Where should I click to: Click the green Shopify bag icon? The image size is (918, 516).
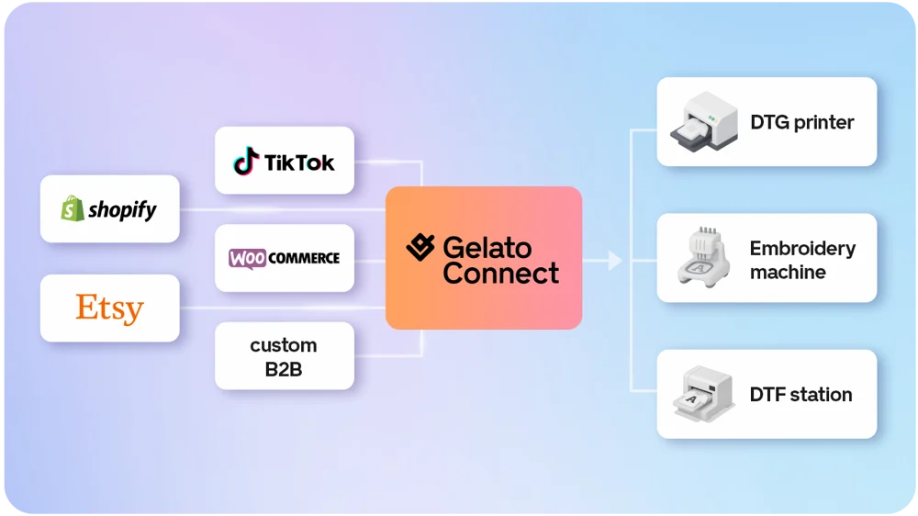pos(73,208)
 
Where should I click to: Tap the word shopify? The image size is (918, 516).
pos(122,209)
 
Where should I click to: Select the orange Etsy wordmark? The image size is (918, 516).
pos(109,308)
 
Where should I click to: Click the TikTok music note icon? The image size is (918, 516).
pos(246,161)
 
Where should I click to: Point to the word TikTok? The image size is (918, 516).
pos(299,163)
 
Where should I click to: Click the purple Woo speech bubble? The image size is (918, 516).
pos(247,258)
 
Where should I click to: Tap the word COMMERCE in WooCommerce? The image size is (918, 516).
pos(304,258)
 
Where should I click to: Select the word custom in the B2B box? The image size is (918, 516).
pos(284,345)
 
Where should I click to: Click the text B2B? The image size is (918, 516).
pos(284,370)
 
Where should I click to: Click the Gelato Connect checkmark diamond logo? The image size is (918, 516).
pos(420,247)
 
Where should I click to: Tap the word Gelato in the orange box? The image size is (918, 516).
pos(487,248)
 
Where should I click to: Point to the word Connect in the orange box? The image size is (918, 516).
pos(500,274)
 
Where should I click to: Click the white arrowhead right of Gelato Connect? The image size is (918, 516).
pos(615,261)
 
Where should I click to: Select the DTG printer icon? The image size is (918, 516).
pos(704,122)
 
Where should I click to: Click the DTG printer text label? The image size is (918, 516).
pos(802,122)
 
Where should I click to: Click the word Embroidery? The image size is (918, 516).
pos(802,248)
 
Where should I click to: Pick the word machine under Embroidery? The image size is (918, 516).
pos(788,273)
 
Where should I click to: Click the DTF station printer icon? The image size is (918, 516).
pos(704,394)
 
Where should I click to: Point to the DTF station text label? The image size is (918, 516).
pos(800,395)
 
